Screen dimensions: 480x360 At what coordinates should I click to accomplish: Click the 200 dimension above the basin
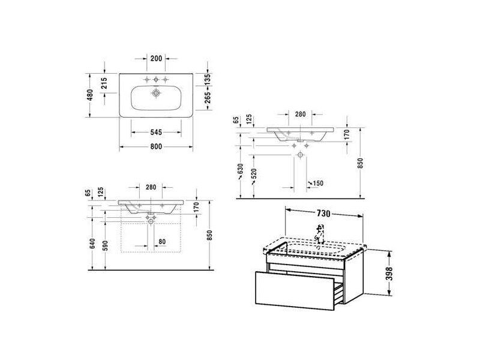coord(156,58)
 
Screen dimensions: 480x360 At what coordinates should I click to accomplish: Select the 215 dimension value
coord(104,83)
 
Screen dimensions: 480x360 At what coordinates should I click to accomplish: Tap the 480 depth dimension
coord(89,95)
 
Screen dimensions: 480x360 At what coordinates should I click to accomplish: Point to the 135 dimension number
coord(208,79)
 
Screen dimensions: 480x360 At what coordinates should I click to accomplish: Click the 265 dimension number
coord(208,98)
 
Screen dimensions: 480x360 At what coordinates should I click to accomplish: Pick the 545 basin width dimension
coord(156,132)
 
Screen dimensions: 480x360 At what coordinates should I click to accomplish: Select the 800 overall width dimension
coord(156,146)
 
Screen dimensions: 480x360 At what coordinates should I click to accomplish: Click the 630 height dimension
coord(241,170)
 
